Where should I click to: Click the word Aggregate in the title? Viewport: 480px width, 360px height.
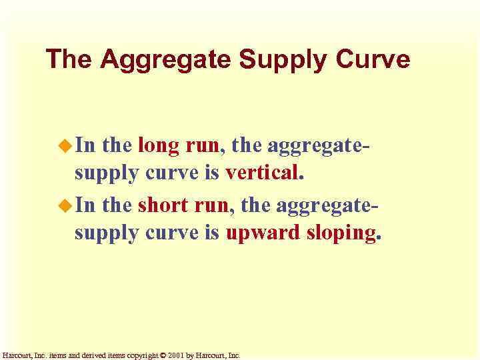167,60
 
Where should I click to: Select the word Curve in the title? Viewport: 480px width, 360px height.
373,59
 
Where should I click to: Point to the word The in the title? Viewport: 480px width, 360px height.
70,59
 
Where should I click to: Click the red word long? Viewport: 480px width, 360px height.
158,145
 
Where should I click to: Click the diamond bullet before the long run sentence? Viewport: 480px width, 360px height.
65,145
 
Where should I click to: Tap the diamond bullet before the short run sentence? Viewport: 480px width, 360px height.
65,205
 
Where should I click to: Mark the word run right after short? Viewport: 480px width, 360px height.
213,205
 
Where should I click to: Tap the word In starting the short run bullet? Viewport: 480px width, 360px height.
85,205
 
